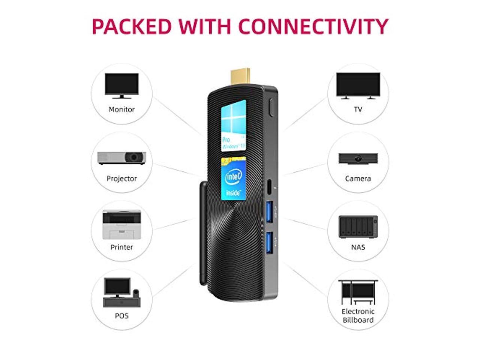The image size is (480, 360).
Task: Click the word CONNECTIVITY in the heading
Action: click(x=313, y=26)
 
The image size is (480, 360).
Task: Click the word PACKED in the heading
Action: click(x=131, y=26)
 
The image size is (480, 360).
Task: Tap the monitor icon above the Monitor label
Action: click(x=121, y=86)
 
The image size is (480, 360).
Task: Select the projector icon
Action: click(x=121, y=157)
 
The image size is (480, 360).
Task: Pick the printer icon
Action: click(x=121, y=225)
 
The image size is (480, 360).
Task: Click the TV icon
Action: click(x=358, y=86)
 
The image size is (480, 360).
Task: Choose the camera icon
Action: click(x=358, y=158)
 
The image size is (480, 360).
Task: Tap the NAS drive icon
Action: click(x=358, y=226)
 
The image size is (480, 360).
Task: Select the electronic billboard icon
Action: click(x=358, y=292)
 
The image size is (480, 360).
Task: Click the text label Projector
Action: click(x=121, y=178)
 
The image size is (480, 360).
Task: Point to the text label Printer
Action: click(x=121, y=247)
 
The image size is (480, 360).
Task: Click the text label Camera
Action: click(x=358, y=178)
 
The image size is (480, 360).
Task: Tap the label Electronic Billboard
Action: click(x=358, y=316)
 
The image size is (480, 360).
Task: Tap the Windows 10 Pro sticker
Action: click(x=233, y=125)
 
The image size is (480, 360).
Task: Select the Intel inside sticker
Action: click(x=233, y=178)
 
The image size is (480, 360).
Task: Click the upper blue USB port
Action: click(x=268, y=213)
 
